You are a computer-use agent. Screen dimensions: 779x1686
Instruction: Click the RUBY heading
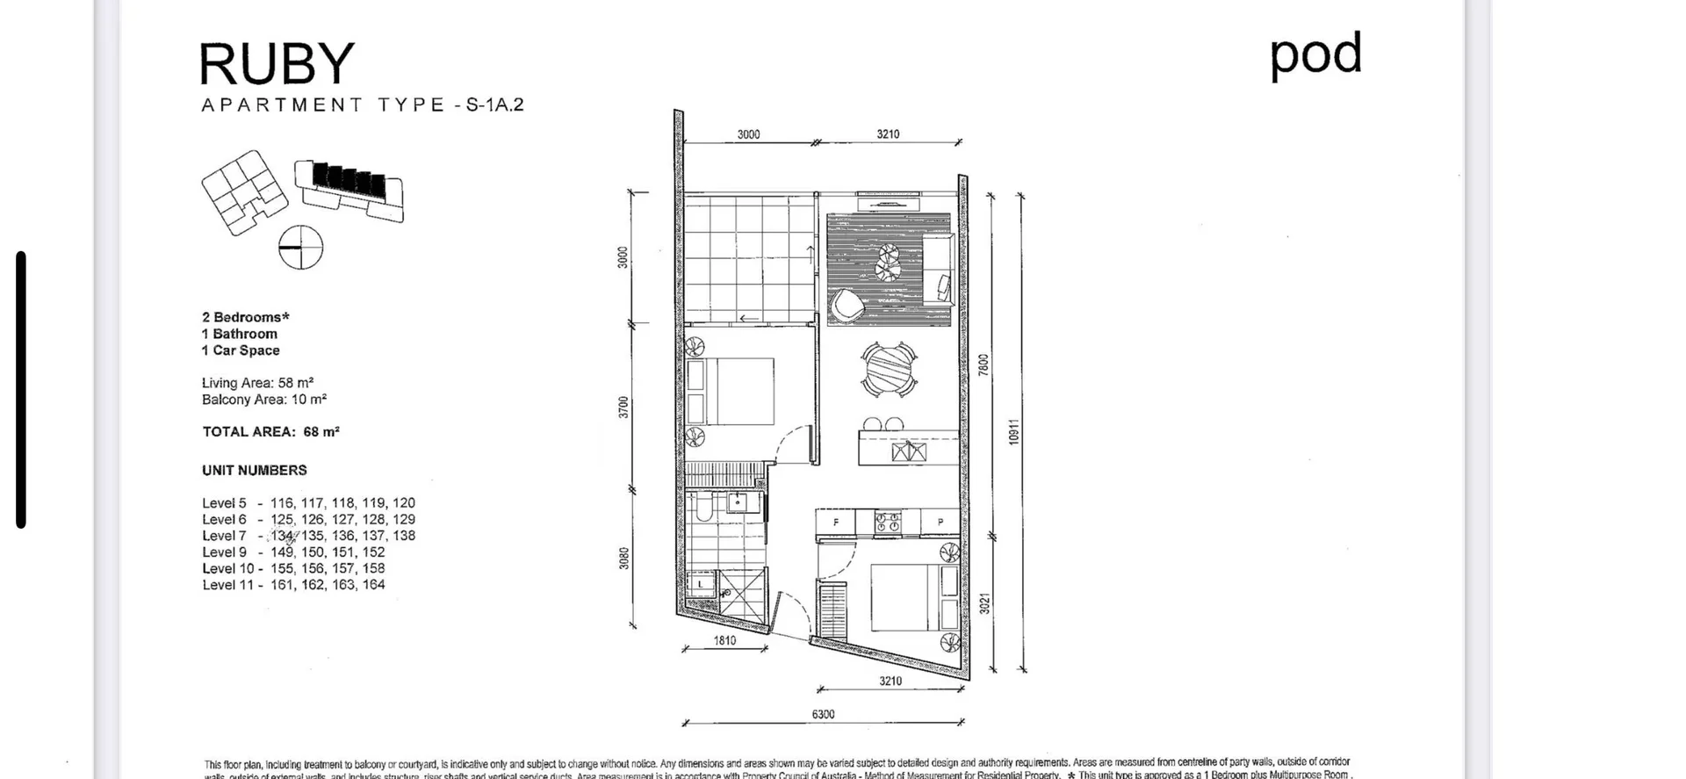(x=277, y=64)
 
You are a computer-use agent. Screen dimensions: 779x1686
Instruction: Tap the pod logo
(x=1315, y=54)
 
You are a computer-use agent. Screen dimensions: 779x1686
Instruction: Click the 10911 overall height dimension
(x=1013, y=431)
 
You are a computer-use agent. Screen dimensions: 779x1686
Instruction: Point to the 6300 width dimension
(x=823, y=714)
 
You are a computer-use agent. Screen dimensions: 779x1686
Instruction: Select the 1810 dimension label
(x=724, y=640)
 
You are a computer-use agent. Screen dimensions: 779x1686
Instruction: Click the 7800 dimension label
(x=983, y=364)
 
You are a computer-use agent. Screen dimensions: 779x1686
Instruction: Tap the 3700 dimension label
(x=623, y=407)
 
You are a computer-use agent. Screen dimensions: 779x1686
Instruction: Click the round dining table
(x=889, y=370)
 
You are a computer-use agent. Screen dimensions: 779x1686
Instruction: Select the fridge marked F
(x=836, y=523)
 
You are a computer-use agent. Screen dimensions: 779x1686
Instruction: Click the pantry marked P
(x=940, y=523)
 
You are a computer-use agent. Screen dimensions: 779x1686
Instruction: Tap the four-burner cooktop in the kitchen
(x=888, y=523)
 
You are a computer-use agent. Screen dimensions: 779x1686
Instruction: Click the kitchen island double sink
(x=909, y=452)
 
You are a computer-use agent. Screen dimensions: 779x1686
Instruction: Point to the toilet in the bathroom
(x=702, y=510)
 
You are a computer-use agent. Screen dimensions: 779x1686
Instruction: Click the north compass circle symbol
(x=300, y=247)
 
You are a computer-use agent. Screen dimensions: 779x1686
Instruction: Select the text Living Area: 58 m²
(x=257, y=383)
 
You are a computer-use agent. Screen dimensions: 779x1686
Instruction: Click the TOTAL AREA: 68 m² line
(x=270, y=432)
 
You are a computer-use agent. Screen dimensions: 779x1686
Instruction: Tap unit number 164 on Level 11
(x=373, y=585)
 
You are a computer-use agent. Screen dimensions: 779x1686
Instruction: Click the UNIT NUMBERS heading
(x=255, y=471)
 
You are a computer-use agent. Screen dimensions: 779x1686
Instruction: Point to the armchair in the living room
(x=847, y=305)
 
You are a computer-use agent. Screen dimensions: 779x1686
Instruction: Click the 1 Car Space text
(x=241, y=350)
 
